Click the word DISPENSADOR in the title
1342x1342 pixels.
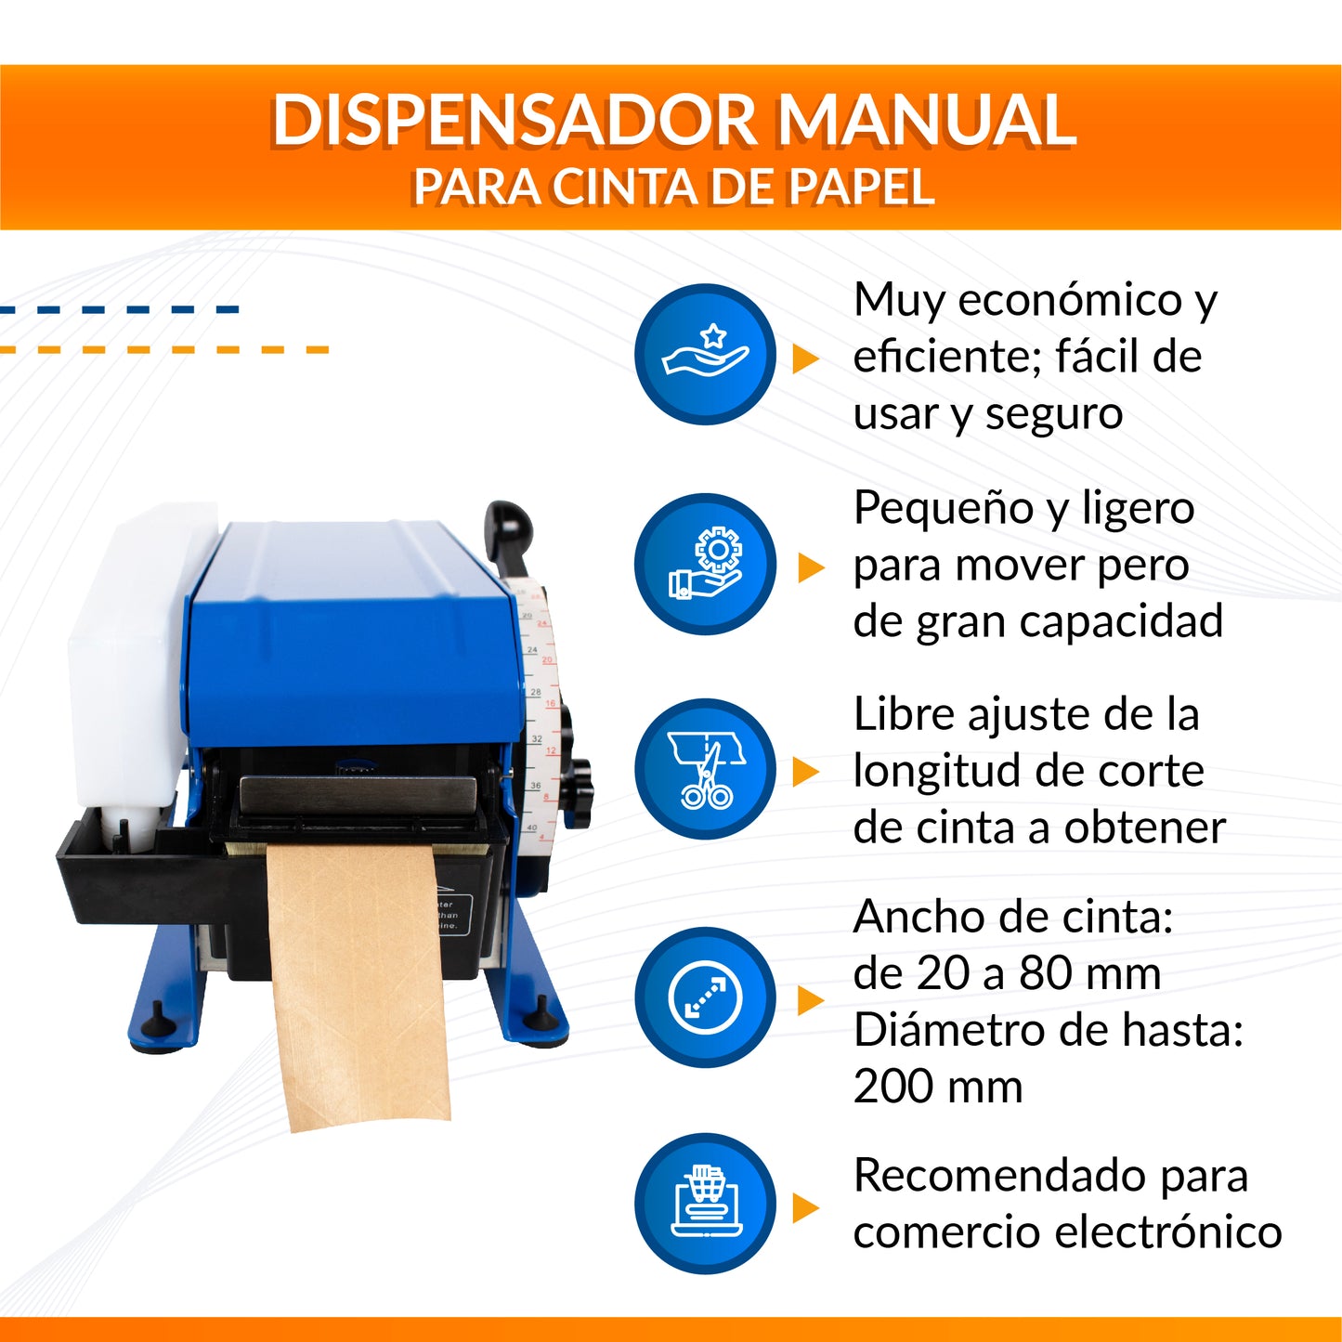click(x=514, y=120)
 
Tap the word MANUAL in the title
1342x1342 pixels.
click(x=926, y=120)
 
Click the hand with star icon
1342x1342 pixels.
click(x=705, y=354)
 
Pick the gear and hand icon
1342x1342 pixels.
click(x=705, y=564)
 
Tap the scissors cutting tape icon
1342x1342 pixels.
click(x=705, y=769)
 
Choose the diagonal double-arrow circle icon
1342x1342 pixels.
click(x=705, y=997)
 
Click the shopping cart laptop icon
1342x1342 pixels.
click(x=705, y=1204)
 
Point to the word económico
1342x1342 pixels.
click(x=1070, y=301)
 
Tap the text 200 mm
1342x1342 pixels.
click(x=937, y=1087)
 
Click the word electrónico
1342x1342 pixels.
click(x=1168, y=1232)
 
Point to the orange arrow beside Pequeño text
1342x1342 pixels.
click(x=812, y=567)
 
